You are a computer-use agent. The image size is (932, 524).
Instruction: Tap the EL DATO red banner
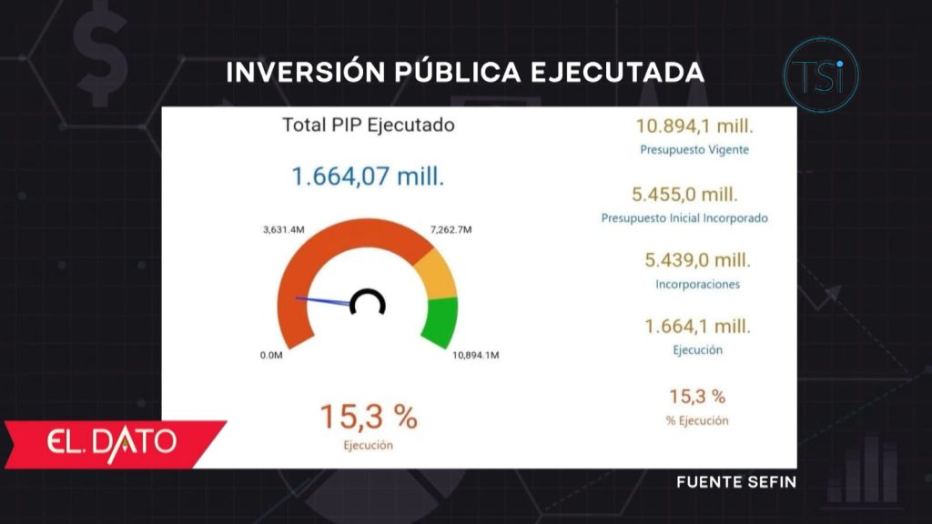[x=113, y=443]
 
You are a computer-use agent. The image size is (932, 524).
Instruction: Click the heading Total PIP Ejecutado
[x=368, y=126]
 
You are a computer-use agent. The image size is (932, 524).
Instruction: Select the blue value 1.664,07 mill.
[x=368, y=176]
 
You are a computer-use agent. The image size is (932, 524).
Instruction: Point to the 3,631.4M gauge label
[x=283, y=230]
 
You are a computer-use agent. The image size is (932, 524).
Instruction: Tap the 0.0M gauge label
[x=271, y=355]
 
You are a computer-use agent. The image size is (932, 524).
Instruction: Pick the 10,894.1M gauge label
[x=475, y=355]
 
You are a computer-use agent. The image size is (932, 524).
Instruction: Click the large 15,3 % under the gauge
[x=368, y=417]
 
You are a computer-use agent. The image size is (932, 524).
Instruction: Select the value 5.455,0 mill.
[x=684, y=195]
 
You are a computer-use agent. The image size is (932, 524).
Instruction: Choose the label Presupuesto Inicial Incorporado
[x=684, y=218]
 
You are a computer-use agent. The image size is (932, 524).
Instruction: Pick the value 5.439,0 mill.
[x=697, y=260]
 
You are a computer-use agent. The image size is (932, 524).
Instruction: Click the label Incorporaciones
[x=697, y=284]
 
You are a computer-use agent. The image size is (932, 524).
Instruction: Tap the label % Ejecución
[x=697, y=420]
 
